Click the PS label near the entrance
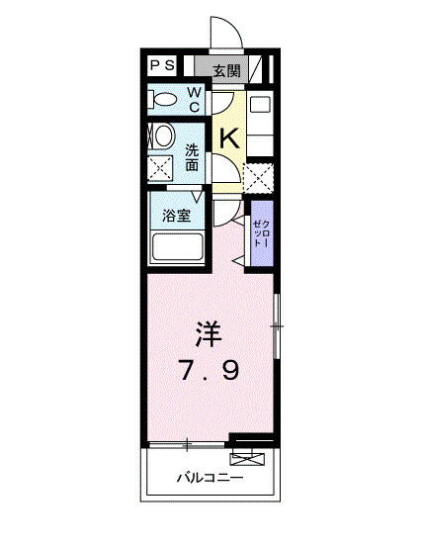163,66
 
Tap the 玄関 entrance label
225,69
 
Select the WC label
195,99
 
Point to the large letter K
229,137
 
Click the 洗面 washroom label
193,158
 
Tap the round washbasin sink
162,135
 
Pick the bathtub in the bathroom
177,247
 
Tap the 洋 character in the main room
208,334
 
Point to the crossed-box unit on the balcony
248,457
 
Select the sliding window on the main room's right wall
277,325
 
